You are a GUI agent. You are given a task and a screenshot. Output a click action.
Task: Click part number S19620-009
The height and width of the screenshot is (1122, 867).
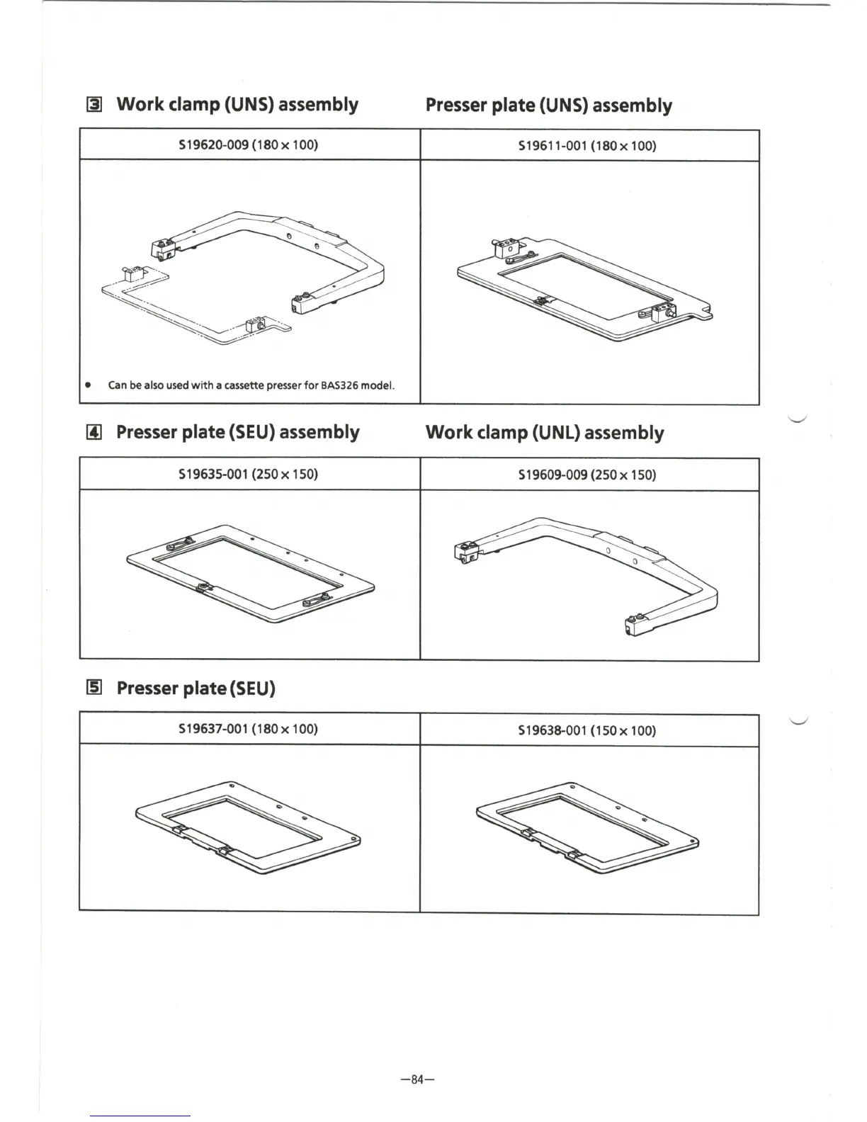[213, 144]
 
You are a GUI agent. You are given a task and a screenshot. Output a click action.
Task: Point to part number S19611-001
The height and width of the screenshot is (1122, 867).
[552, 146]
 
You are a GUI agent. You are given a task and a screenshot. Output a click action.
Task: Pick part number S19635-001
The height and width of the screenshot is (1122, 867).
[213, 473]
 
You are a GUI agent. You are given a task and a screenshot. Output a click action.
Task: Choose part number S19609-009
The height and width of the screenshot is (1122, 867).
[552, 475]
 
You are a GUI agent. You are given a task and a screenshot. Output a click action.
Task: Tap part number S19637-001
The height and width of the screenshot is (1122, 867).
[213, 728]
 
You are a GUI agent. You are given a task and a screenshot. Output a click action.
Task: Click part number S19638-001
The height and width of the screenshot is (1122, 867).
[552, 730]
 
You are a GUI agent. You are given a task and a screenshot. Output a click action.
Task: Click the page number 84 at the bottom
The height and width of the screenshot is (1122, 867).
[416, 1079]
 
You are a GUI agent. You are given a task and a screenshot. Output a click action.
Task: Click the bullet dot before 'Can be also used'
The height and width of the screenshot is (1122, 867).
[87, 386]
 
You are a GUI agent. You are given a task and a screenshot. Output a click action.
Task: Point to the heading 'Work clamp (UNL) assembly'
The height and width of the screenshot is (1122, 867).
[544, 433]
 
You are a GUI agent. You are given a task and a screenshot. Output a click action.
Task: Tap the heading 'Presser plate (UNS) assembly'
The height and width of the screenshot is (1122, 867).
[548, 106]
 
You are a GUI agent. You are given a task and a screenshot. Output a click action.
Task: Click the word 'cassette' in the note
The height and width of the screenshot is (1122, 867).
[244, 386]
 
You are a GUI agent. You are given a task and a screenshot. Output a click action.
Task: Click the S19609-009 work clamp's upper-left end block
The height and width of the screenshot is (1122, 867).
[466, 551]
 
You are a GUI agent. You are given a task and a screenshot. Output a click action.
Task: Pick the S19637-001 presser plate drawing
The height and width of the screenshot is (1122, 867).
[248, 826]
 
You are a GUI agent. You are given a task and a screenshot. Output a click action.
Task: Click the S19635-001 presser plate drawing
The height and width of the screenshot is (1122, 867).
[250, 572]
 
